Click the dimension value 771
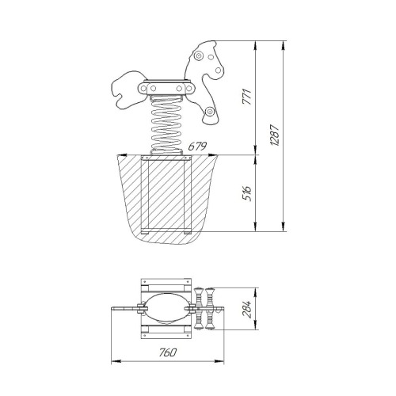coord(248,97)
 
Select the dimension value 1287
coord(275,135)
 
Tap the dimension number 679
coord(197,147)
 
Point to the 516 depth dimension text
coord(247,193)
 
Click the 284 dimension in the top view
coord(248,309)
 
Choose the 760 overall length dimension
coord(168,352)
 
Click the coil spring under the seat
coord(166,125)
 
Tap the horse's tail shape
coord(128,89)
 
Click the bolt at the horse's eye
coord(198,56)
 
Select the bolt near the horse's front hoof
coord(210,112)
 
